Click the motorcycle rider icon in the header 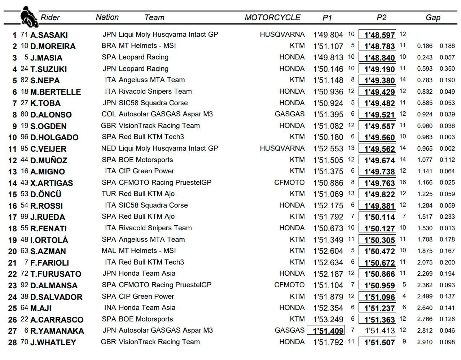point(28,17)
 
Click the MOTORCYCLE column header point(272,17)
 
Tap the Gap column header point(433,17)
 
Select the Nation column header point(107,17)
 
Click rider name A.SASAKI point(49,35)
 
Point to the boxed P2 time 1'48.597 point(377,35)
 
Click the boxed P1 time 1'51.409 point(325,331)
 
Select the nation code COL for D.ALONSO point(109,114)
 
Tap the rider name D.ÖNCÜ point(46,194)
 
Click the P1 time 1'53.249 point(328,319)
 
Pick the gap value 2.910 point(425,342)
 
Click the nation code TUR point(109,194)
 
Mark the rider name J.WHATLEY point(53,342)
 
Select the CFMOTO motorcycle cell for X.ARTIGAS point(289,183)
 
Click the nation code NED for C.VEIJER point(109,148)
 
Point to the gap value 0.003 point(447,137)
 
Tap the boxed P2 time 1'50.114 point(377,217)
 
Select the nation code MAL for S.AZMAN point(109,251)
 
